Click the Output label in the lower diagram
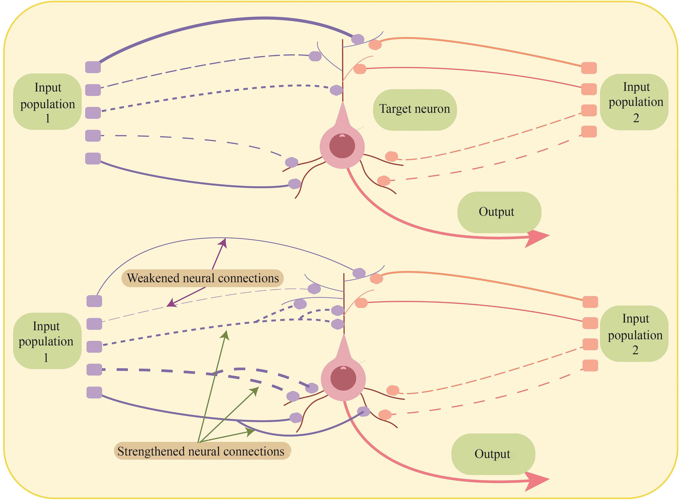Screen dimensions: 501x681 [x=493, y=454]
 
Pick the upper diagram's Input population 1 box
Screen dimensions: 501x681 [x=47, y=102]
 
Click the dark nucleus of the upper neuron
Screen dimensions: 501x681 [x=342, y=146]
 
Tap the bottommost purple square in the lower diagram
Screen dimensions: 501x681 [x=94, y=392]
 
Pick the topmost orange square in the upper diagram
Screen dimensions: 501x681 [x=589, y=68]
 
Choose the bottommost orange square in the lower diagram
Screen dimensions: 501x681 [x=590, y=365]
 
